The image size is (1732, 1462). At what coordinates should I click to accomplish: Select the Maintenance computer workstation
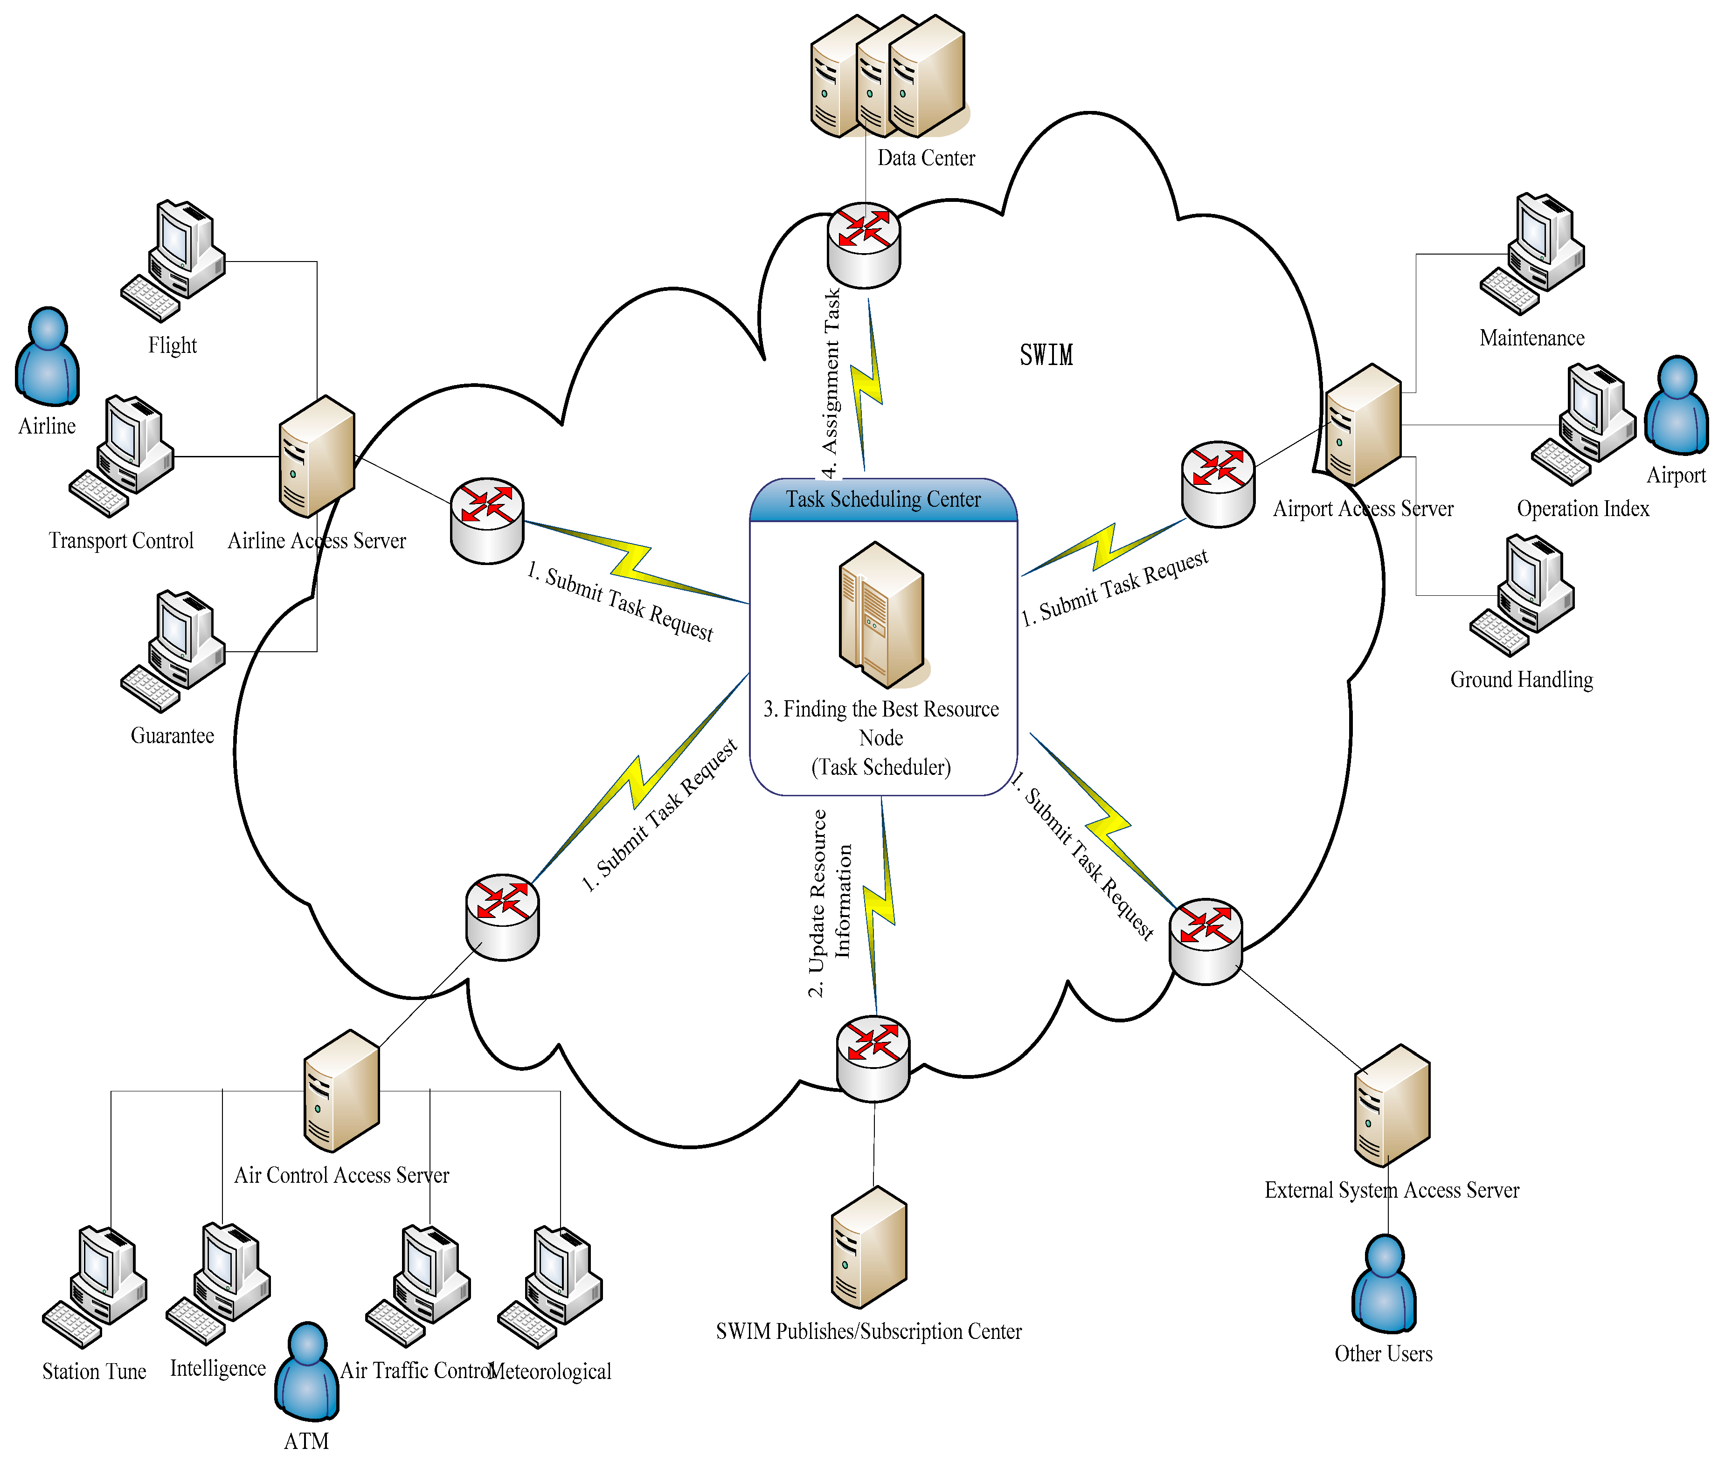(1534, 253)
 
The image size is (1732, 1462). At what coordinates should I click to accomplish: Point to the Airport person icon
(1677, 406)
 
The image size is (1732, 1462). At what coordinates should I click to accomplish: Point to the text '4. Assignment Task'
(831, 383)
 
